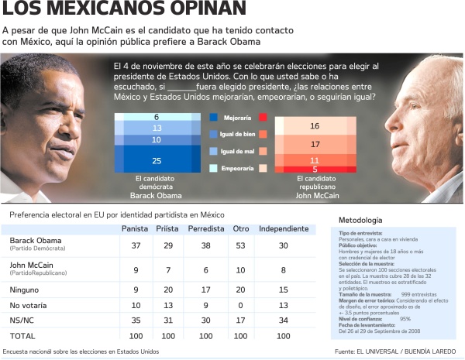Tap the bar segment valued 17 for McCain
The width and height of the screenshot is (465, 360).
click(315, 144)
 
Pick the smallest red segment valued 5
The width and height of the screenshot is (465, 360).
click(315, 169)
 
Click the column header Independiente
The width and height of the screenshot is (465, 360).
click(283, 228)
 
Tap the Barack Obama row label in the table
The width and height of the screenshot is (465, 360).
click(36, 241)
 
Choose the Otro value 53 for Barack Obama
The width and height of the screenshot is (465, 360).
click(241, 245)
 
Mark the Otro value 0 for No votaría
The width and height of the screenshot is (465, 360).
click(241, 303)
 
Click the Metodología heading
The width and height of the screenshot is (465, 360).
click(360, 220)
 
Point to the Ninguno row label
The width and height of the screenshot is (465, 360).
click(26, 289)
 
